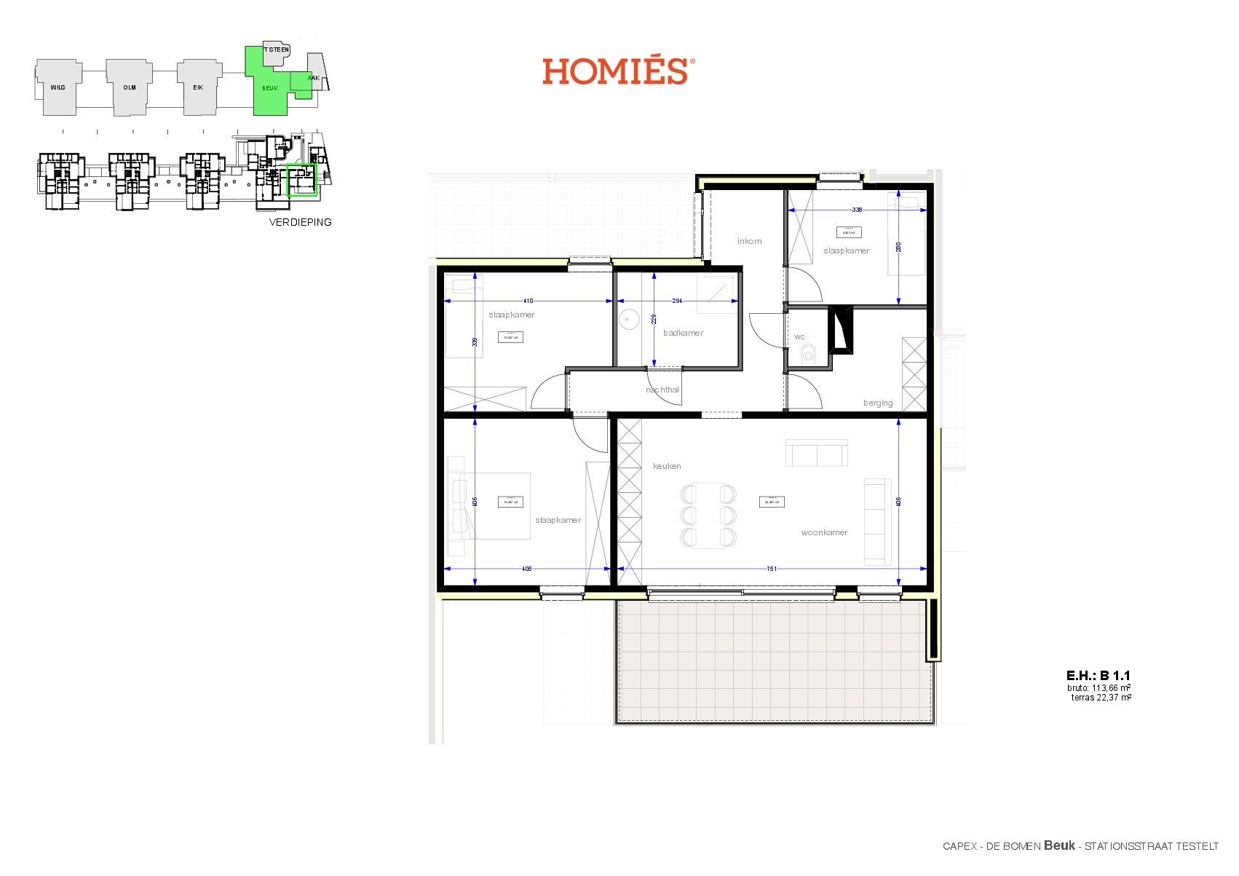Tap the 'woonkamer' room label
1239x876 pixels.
(x=824, y=532)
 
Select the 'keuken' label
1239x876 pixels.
(x=667, y=466)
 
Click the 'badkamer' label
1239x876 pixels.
(x=683, y=333)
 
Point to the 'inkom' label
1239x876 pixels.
(x=749, y=241)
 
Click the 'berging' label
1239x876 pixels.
(x=877, y=403)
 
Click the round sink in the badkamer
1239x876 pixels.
(x=628, y=318)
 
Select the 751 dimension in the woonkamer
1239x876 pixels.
(x=772, y=569)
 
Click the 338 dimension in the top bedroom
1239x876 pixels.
(x=857, y=210)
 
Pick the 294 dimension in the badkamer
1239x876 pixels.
(x=677, y=301)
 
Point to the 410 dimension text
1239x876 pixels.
(x=528, y=301)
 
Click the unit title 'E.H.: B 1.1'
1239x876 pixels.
(x=1098, y=676)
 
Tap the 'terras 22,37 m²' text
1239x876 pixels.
(x=1101, y=698)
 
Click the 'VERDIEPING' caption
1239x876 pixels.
(x=300, y=222)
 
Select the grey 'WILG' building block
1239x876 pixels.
(x=58, y=87)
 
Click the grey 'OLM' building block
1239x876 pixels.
(x=129, y=87)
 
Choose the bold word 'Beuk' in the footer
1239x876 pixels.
(x=1059, y=845)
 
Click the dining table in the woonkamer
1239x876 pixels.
(x=708, y=516)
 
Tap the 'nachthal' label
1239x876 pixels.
(x=662, y=390)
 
